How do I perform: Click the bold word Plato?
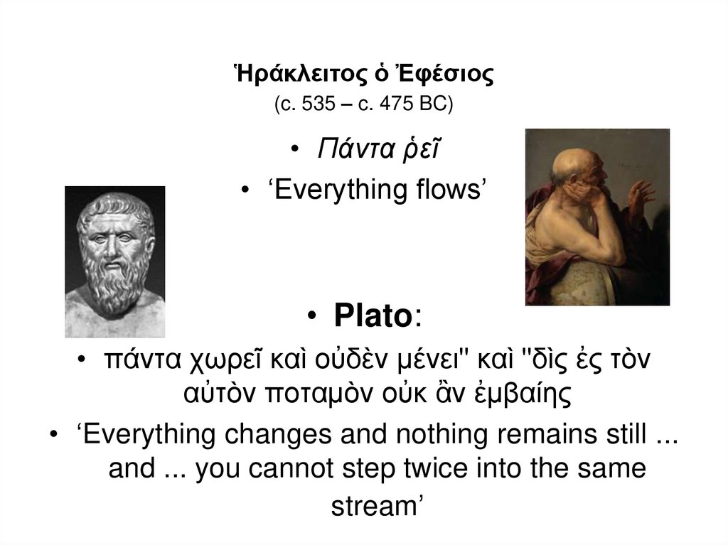pos(372,317)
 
